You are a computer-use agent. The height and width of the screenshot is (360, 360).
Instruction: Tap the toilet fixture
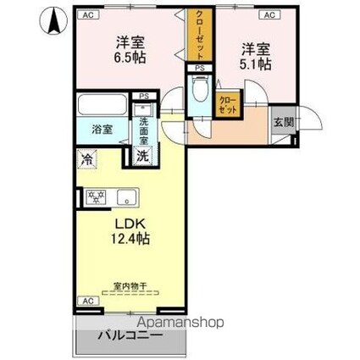[200, 91]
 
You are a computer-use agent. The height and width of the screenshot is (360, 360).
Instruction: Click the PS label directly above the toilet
[200, 68]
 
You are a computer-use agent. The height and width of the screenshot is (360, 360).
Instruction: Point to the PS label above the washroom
[144, 97]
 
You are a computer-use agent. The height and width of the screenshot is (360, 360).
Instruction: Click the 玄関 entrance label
[282, 121]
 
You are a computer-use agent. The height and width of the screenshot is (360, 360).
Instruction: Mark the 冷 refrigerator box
[86, 158]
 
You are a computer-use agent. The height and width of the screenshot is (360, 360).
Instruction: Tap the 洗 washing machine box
[143, 156]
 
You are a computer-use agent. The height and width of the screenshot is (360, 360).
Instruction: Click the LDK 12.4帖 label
[130, 231]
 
